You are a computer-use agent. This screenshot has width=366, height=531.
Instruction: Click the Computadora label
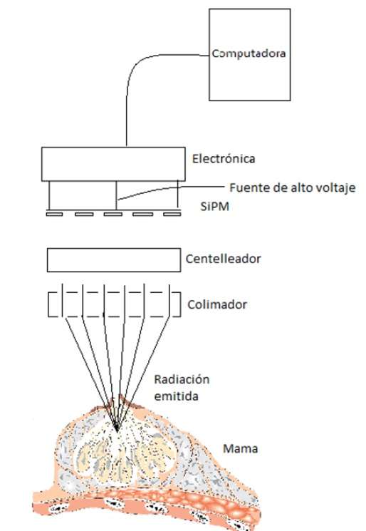(249, 53)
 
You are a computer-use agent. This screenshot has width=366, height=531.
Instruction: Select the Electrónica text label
(224, 158)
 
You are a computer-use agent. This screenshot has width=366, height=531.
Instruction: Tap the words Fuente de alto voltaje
(293, 187)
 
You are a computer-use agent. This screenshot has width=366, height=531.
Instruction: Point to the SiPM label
(214, 206)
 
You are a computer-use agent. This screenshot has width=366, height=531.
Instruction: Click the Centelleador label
(224, 259)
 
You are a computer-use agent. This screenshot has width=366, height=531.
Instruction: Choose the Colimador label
(217, 304)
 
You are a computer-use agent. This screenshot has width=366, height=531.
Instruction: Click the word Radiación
(182, 380)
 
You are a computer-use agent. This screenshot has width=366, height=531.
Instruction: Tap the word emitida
(176, 396)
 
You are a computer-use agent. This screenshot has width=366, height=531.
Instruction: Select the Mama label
(240, 449)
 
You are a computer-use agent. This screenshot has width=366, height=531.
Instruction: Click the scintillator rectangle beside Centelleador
(114, 260)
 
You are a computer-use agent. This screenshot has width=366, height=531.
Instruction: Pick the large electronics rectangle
(113, 164)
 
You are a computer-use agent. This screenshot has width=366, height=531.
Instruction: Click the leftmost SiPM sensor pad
(54, 214)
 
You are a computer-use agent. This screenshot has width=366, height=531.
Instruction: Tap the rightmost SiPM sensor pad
(172, 214)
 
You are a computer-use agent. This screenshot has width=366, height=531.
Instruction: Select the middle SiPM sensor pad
(113, 214)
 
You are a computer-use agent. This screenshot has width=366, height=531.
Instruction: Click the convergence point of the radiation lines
(117, 431)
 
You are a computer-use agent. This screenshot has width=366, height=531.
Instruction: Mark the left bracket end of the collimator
(48, 304)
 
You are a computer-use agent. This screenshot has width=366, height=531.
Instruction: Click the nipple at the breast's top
(119, 401)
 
